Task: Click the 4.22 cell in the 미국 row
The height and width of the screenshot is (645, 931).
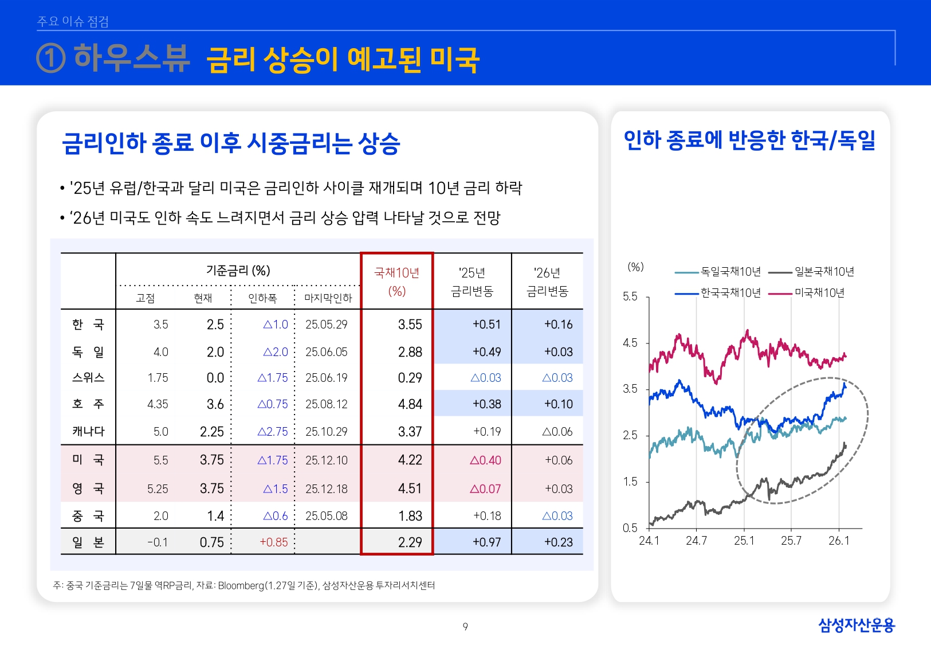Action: click(x=410, y=460)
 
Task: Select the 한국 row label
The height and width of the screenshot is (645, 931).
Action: click(x=88, y=325)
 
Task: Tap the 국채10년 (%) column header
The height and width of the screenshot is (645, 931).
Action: click(x=396, y=282)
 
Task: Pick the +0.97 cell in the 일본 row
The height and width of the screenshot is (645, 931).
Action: click(x=486, y=542)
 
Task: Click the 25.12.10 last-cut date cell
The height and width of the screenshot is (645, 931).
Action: click(x=326, y=460)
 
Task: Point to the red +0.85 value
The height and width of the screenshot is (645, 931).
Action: click(x=273, y=542)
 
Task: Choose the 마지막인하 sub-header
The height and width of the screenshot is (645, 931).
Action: click(x=328, y=298)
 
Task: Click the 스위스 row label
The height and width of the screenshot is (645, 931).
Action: click(x=88, y=378)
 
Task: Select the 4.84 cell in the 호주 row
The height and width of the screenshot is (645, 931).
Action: click(x=410, y=404)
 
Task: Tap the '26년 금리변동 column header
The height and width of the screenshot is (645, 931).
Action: click(x=547, y=282)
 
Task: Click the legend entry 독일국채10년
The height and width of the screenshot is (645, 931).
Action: click(x=730, y=272)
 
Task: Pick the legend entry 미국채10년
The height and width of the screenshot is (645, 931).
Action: click(x=819, y=293)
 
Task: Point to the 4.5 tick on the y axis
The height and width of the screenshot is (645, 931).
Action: click(x=630, y=343)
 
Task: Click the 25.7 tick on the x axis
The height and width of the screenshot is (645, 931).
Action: click(x=791, y=541)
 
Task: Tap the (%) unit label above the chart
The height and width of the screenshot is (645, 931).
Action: click(x=635, y=267)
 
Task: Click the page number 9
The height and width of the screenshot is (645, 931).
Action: click(x=465, y=627)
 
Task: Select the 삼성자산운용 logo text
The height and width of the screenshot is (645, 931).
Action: click(x=856, y=625)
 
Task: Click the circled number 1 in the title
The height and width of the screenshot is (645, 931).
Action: click(x=50, y=58)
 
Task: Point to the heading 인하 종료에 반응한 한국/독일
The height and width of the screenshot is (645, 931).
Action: click(x=749, y=140)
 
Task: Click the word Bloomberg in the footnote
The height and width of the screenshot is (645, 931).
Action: click(x=241, y=585)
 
